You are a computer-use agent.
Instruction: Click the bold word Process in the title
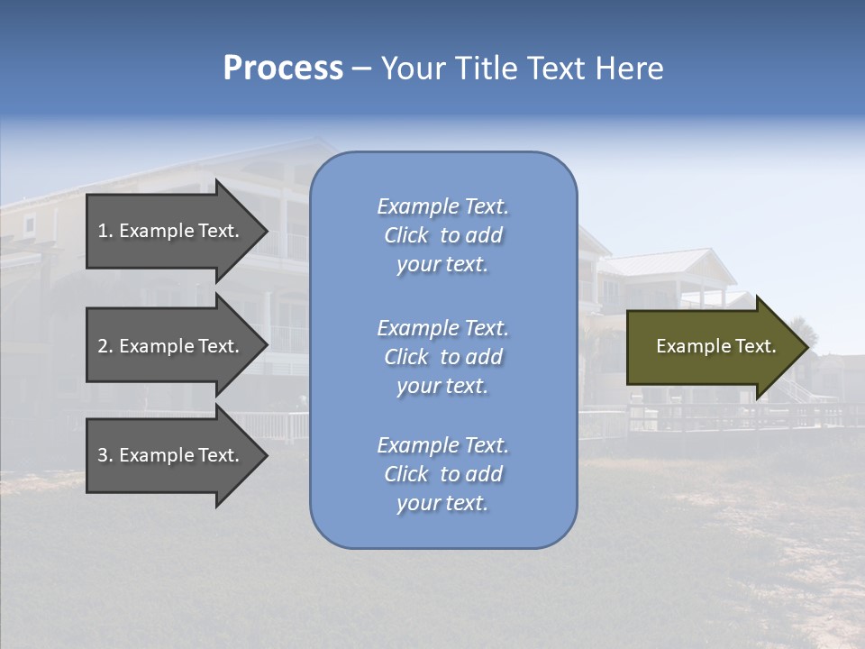click(x=283, y=69)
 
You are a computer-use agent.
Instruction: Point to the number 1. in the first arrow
click(x=105, y=231)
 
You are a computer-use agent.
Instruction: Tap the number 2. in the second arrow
click(x=105, y=346)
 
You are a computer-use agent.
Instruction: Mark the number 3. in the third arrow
click(x=105, y=455)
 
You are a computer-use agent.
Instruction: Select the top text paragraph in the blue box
click(x=442, y=235)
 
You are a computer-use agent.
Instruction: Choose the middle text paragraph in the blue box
click(x=442, y=357)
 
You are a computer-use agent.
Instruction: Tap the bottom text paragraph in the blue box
click(x=442, y=474)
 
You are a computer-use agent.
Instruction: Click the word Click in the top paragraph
click(x=406, y=236)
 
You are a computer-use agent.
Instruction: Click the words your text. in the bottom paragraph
click(x=442, y=504)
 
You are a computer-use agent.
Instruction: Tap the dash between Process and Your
click(x=361, y=69)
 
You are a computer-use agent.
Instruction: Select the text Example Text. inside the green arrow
click(x=716, y=346)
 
